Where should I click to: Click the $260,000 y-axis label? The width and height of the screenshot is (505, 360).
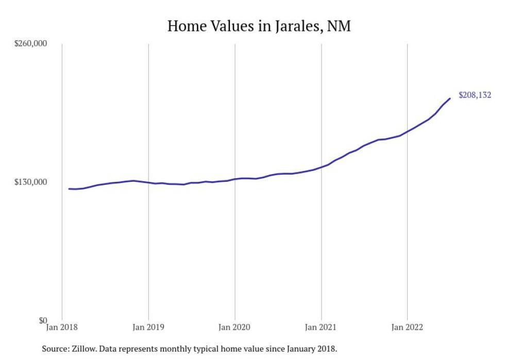(x=30, y=43)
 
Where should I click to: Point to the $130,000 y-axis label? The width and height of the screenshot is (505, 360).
(x=30, y=182)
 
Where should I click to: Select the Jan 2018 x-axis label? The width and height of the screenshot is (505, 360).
(x=62, y=327)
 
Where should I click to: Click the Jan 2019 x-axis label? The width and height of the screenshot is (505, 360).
(x=148, y=327)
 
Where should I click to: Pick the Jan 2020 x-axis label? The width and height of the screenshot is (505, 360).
(x=235, y=327)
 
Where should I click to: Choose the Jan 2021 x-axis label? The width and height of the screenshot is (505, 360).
(x=322, y=327)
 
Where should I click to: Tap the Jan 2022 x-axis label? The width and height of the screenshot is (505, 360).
(x=408, y=327)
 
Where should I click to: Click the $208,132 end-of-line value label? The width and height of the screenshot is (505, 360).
(x=475, y=95)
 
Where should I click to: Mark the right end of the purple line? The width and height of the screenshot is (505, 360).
(x=450, y=98)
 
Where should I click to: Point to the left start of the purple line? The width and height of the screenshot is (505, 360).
(x=69, y=188)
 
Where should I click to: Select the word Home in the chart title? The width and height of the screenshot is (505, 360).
(x=186, y=26)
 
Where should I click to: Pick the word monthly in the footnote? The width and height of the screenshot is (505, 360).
(x=181, y=349)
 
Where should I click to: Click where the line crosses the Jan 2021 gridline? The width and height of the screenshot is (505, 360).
(x=322, y=167)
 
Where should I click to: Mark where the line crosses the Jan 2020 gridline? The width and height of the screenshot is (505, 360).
(x=235, y=179)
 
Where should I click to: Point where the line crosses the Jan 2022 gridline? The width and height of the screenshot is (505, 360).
(x=408, y=131)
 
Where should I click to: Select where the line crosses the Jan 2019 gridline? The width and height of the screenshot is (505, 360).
(x=148, y=182)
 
